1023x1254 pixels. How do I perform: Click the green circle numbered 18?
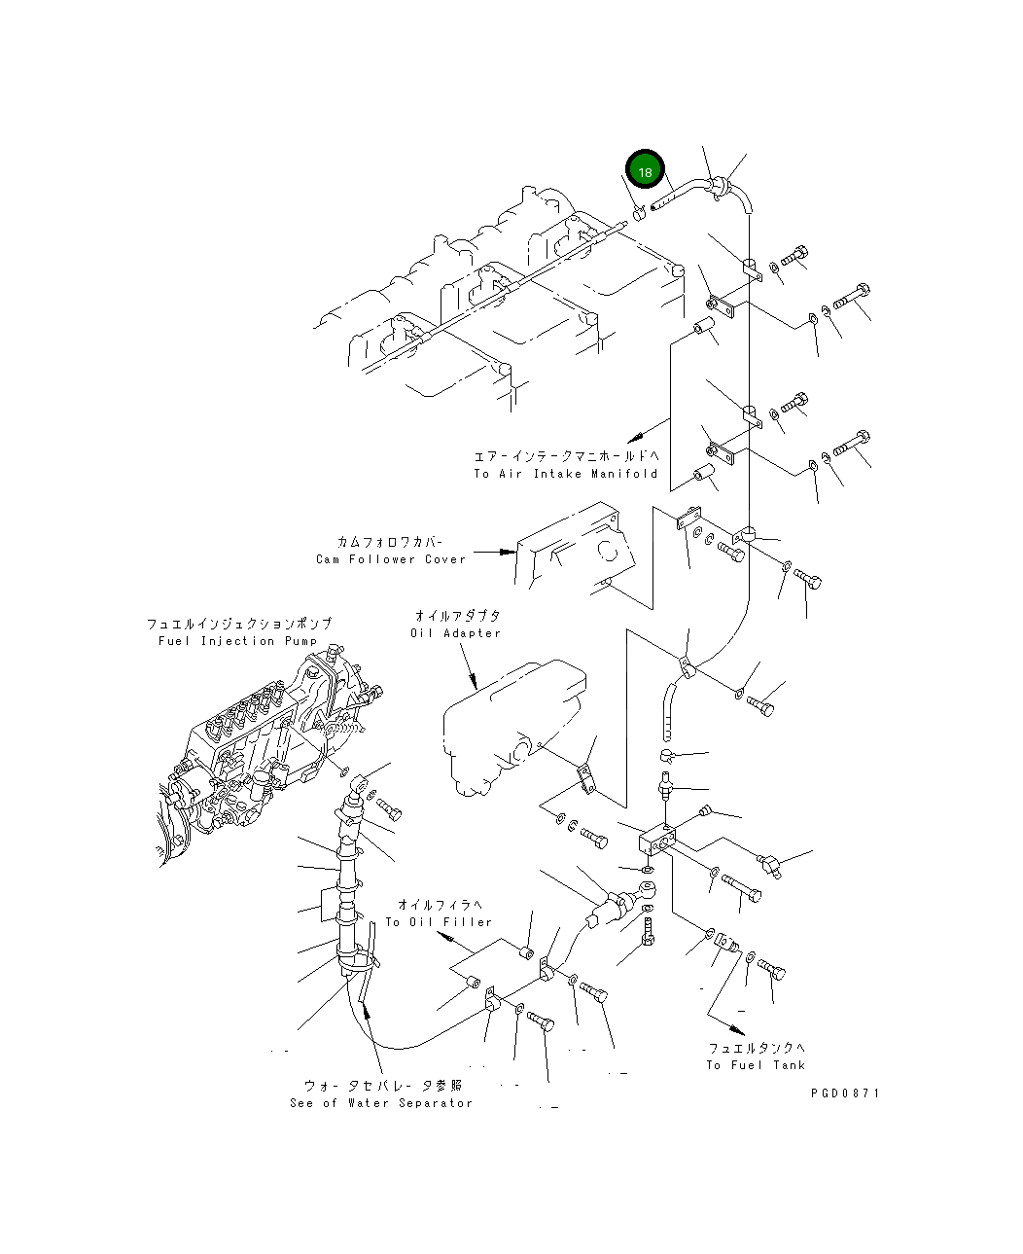pos(644,170)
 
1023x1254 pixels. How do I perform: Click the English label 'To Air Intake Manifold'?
pos(565,474)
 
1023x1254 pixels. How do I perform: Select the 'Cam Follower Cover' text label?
pos(391,559)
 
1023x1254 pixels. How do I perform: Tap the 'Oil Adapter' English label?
pos(456,633)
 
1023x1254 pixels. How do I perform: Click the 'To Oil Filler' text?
pos(439,921)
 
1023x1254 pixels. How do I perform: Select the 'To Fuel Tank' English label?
pos(756,1065)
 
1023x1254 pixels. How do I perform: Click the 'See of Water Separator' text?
pos(381,1103)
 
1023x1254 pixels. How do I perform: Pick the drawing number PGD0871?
pos(844,1093)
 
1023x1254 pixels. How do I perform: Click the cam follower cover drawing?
pos(574,555)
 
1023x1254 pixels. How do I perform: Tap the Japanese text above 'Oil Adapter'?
pos(457,616)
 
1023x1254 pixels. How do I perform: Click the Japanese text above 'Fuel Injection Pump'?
pos(239,624)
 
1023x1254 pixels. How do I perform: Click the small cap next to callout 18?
pos(639,214)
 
